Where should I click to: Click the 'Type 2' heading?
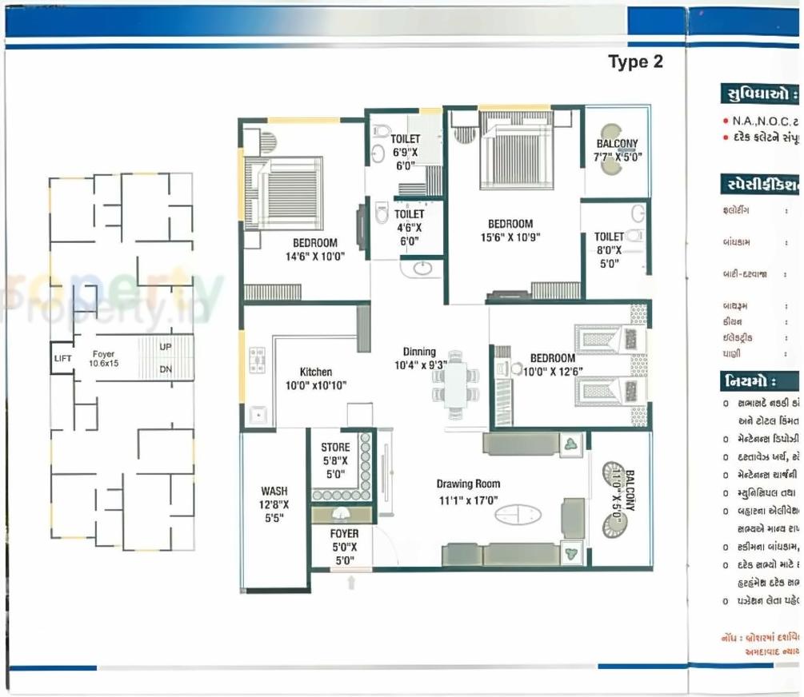pyautogui.click(x=635, y=62)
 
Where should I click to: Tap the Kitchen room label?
pyautogui.click(x=315, y=379)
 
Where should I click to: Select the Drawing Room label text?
pyautogui.click(x=468, y=492)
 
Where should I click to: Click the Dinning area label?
pyautogui.click(x=419, y=358)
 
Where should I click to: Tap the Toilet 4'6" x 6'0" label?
pyautogui.click(x=409, y=227)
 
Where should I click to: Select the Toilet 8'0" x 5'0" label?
pyautogui.click(x=609, y=249)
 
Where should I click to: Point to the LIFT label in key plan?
pyautogui.click(x=62, y=359)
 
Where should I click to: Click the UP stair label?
pyautogui.click(x=166, y=348)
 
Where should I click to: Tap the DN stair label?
pyautogui.click(x=166, y=369)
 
